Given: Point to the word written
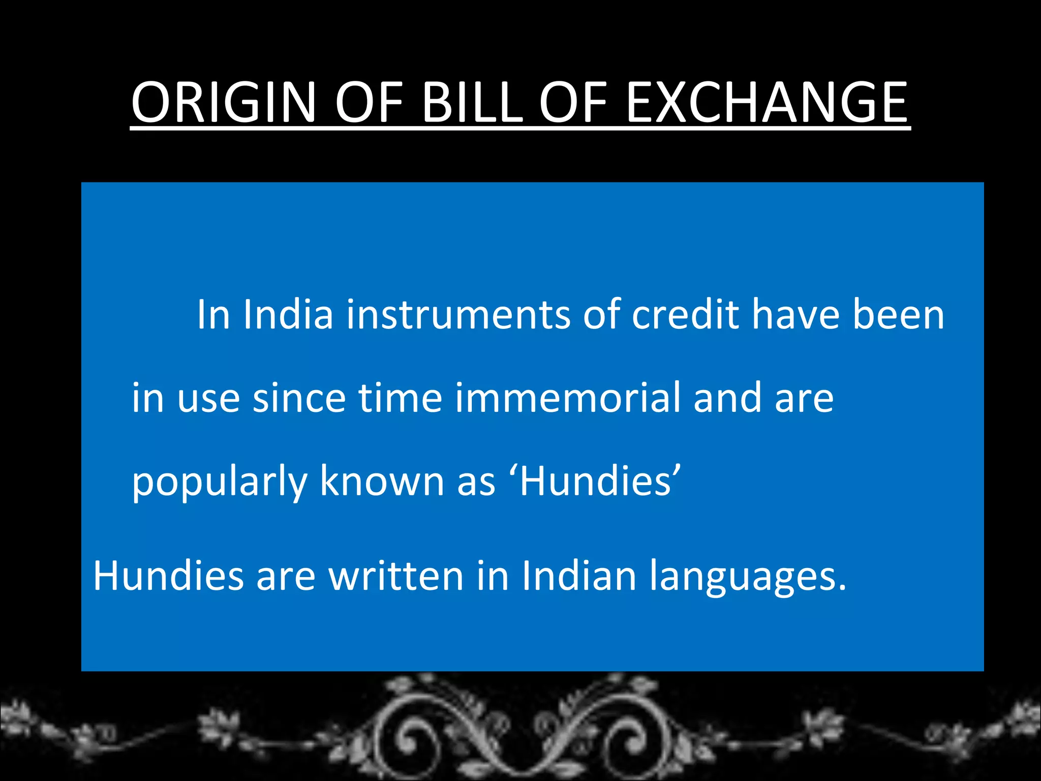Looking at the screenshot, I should (x=396, y=576).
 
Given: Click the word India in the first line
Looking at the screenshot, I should (x=288, y=315).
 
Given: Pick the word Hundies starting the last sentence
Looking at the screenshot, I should (x=168, y=576).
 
